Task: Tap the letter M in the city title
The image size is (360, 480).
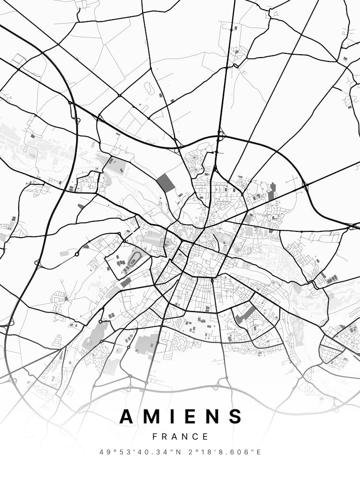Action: point(153,416)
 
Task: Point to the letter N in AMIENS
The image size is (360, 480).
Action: point(212,416)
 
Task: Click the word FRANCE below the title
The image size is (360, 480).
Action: point(180,437)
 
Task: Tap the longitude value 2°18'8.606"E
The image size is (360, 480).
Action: point(220,452)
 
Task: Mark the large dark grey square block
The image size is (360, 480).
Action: point(166,183)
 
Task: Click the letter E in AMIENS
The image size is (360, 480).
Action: point(191,416)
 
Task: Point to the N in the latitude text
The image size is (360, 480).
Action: point(171,452)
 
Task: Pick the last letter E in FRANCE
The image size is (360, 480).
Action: point(206,437)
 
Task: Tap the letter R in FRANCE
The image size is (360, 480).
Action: point(165,437)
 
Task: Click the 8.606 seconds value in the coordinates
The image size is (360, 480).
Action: point(236,452)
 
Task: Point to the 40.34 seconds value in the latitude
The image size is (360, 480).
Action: point(148,452)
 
